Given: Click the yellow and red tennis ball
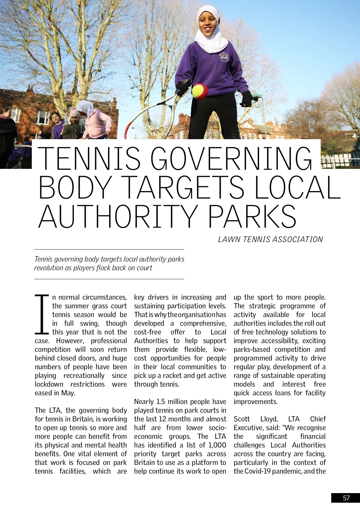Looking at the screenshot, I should [199, 91].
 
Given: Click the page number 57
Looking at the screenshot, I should [346, 498].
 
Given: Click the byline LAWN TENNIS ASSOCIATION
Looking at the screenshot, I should [270, 239].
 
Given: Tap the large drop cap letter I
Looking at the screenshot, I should [42, 314].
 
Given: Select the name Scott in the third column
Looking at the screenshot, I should [241, 419].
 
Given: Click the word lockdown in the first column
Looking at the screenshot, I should [49, 384].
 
